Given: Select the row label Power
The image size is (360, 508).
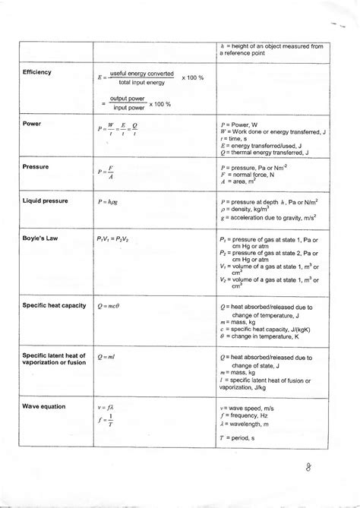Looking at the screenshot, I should [32, 122].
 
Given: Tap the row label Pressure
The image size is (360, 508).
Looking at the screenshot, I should [36, 166].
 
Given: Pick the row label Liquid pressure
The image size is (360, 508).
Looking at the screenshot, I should [46, 201].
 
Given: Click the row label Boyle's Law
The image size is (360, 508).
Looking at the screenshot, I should [40, 237].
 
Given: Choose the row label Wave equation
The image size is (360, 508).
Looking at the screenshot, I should [46, 407].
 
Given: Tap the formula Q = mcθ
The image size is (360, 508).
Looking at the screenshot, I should [111, 305].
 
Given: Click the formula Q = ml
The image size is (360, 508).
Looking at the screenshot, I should [107, 356].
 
